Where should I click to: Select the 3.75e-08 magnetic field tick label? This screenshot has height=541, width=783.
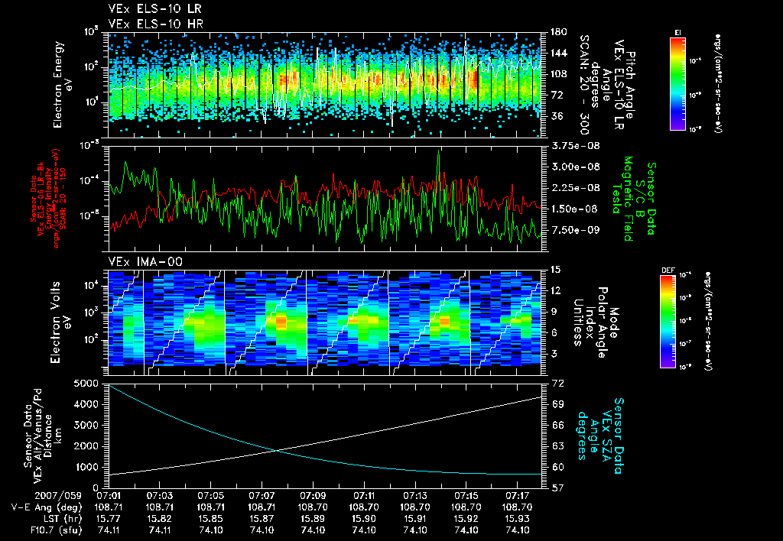pos(569,145)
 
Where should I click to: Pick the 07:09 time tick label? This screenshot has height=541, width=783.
pos(313,495)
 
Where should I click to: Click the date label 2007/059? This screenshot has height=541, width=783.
pos(26,495)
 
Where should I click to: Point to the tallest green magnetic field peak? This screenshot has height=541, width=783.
pos(438,152)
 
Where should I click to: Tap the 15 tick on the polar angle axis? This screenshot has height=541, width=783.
pos(553,270)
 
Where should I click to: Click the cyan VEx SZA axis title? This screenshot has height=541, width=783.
pos(604,429)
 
